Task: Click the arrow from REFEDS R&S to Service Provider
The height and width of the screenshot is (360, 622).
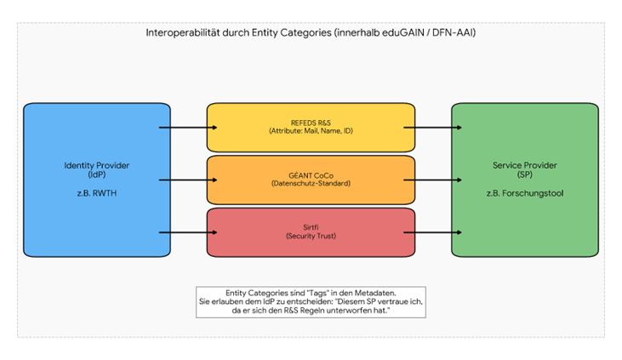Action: coord(432,128)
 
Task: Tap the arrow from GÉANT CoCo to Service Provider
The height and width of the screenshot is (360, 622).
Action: coord(432,180)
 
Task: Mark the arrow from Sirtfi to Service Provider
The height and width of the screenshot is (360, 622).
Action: coord(432,231)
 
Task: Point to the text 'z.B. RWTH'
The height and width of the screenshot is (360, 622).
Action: coord(96,193)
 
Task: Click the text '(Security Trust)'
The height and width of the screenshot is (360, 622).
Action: coord(311,236)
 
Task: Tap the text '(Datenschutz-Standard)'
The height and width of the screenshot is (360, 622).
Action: coord(311,183)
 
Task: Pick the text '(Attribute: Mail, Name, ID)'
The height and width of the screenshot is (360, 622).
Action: coord(311,131)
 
